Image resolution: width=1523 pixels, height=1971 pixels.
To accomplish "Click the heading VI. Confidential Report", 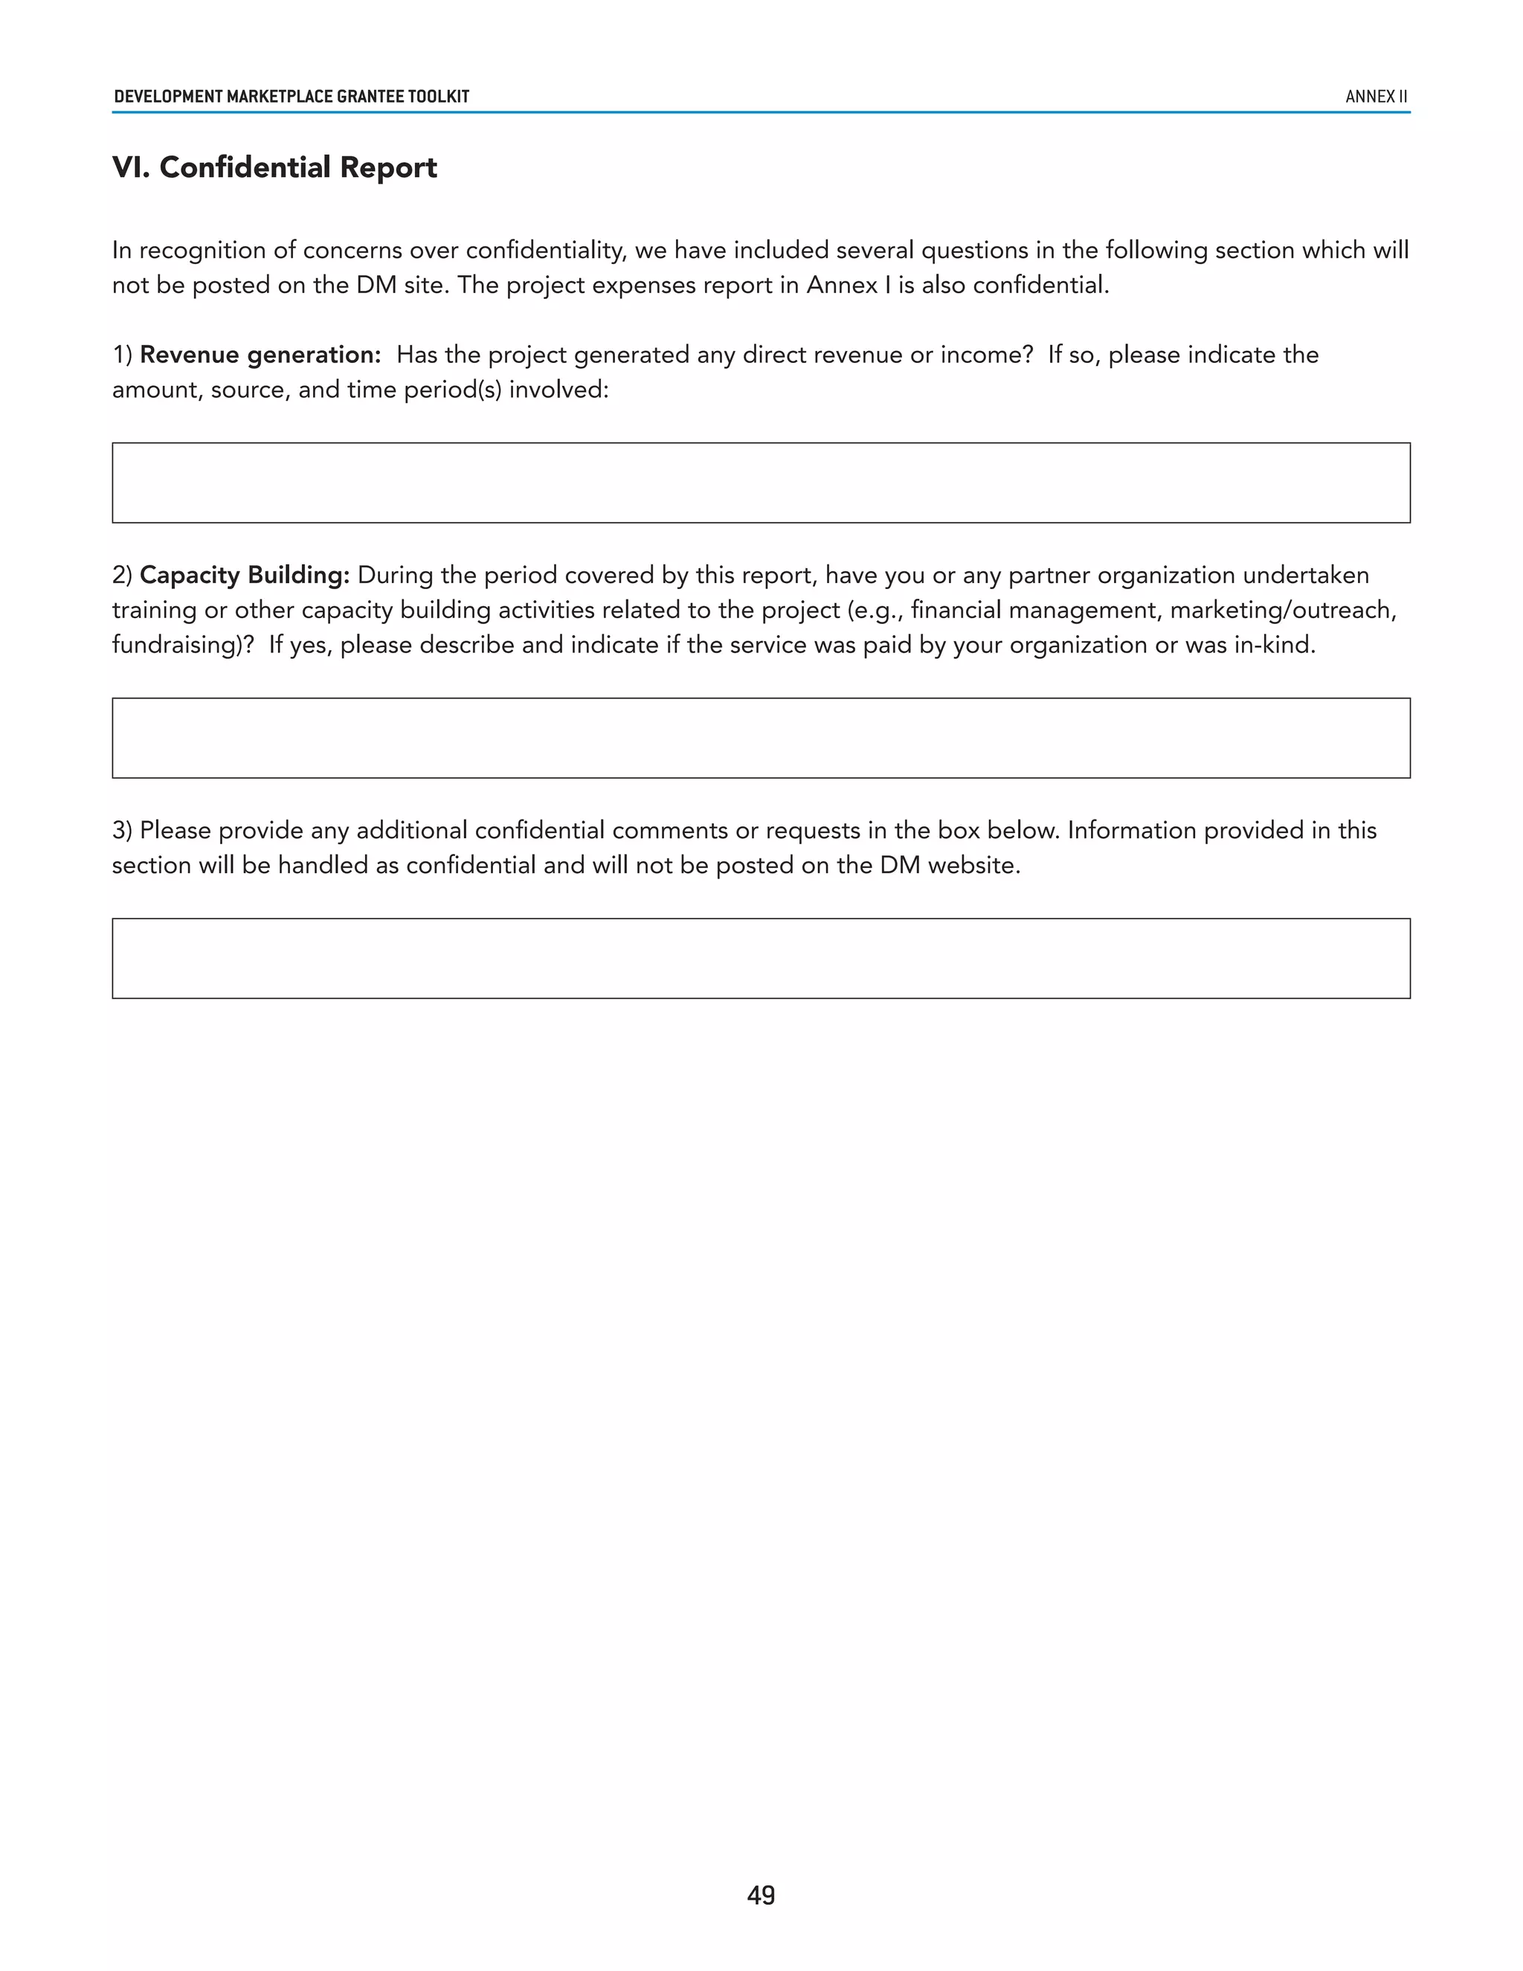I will [274, 168].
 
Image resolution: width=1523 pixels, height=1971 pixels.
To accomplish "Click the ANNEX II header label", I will [1376, 97].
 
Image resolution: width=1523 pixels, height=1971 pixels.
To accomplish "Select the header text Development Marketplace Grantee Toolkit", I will [292, 97].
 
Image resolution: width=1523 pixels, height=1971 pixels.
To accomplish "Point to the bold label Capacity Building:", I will [245, 575].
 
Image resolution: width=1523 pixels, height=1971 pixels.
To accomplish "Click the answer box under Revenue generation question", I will [761, 483].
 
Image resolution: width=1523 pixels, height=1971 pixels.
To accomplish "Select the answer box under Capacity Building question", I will [761, 739].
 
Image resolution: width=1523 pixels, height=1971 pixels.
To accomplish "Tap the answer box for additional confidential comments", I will [761, 959].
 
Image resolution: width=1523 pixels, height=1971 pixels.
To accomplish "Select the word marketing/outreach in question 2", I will [1281, 610].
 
